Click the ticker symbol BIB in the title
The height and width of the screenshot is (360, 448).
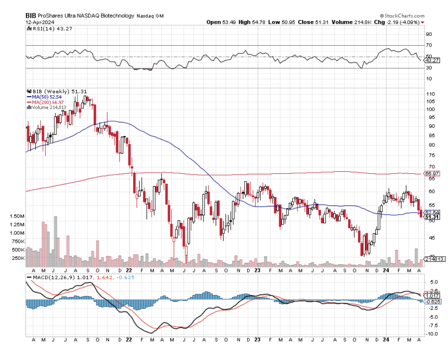(31, 15)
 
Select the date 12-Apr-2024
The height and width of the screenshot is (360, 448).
(40, 22)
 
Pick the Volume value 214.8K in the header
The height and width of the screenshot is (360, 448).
(346, 22)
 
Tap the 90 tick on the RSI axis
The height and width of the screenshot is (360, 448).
(429, 34)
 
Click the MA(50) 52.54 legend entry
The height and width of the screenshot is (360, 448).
(47, 97)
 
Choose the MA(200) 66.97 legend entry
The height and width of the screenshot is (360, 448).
(48, 102)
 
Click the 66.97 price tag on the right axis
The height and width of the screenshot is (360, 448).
(430, 174)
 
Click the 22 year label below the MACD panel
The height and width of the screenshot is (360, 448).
(128, 340)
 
